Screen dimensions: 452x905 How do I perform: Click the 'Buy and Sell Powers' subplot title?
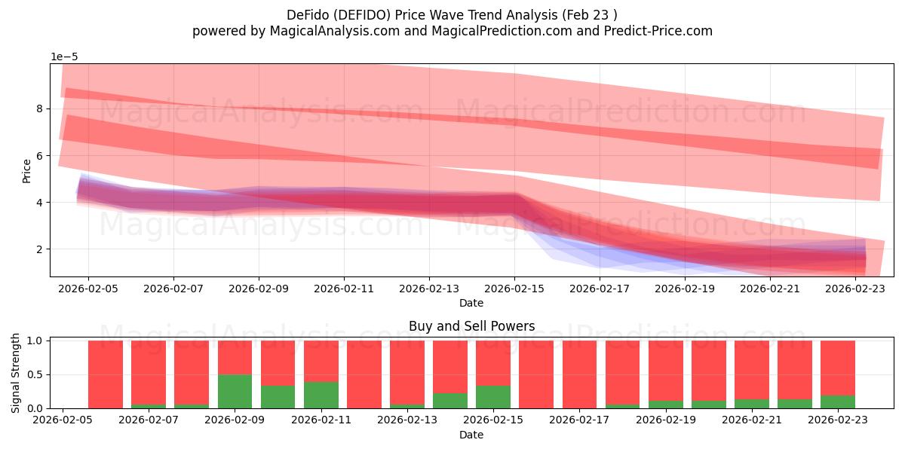[471, 326]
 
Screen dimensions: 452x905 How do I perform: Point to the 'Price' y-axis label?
[27, 170]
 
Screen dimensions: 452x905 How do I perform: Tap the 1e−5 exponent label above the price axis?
[64, 56]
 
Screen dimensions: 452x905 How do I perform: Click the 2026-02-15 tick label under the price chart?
[514, 288]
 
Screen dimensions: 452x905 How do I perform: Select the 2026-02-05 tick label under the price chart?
[88, 288]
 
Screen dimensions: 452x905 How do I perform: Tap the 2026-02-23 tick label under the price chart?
[855, 288]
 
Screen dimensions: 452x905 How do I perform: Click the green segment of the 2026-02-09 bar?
[235, 392]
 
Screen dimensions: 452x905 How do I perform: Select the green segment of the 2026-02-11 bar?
[321, 395]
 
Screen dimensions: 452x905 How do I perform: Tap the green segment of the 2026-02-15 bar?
[493, 397]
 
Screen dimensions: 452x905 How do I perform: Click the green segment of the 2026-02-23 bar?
[838, 402]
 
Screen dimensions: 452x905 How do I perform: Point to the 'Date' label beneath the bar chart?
[471, 435]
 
